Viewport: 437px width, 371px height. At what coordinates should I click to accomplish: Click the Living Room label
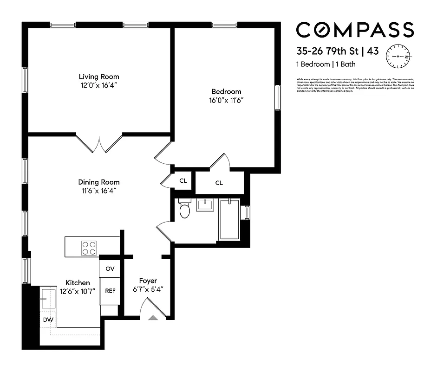pos(98,77)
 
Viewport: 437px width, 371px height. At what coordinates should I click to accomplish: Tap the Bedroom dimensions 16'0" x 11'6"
pos(226,100)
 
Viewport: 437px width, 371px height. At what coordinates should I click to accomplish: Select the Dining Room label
pos(98,182)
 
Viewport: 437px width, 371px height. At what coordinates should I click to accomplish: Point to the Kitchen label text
pos(78,282)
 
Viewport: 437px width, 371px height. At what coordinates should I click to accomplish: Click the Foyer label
pos(148,281)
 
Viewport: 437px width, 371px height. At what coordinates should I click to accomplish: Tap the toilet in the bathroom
pos(185,210)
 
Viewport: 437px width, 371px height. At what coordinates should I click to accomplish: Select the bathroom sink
pos(205,205)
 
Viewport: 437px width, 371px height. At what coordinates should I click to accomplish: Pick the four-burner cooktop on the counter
pos(89,248)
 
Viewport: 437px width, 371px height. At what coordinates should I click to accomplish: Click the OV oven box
pos(110,269)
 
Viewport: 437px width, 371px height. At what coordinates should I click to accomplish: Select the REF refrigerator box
pos(110,291)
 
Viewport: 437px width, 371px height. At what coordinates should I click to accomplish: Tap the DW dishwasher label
pos(47,320)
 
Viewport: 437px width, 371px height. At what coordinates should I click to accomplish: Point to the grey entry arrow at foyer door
pos(153,318)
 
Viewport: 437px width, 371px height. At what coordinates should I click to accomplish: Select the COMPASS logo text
pos(355,30)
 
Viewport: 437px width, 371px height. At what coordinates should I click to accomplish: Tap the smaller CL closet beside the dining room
pos(183,180)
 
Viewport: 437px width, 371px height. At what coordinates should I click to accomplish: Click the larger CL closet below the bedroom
pos(219,183)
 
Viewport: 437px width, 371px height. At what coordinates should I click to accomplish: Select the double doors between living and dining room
pos(99,144)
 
